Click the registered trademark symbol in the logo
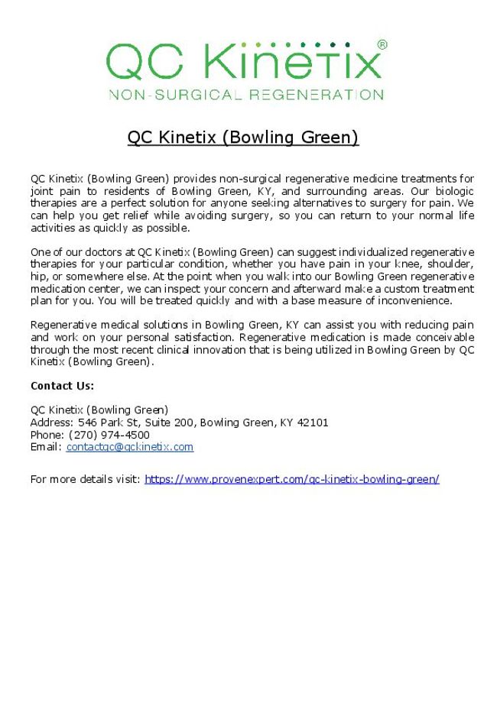382,44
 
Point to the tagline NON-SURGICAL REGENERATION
246,95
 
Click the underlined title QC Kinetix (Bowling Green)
242,138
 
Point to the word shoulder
453,264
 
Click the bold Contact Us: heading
62,386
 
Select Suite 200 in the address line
170,423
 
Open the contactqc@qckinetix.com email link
129,447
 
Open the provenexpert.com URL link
291,479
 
